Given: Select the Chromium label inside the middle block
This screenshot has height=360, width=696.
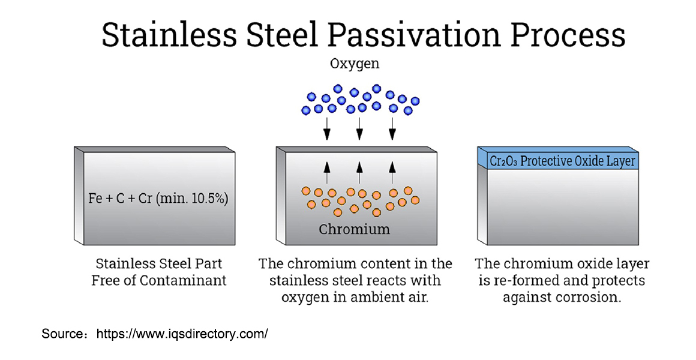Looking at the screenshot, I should click(x=354, y=229).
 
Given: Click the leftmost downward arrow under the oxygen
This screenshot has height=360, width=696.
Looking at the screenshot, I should click(x=327, y=127).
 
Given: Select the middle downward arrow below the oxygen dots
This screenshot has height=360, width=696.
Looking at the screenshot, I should click(x=359, y=127).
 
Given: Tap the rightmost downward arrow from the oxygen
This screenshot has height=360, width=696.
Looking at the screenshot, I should click(x=392, y=127).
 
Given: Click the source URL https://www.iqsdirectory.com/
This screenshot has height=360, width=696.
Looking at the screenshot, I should click(x=182, y=334).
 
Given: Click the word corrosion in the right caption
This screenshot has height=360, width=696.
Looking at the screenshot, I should click(x=589, y=297).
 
